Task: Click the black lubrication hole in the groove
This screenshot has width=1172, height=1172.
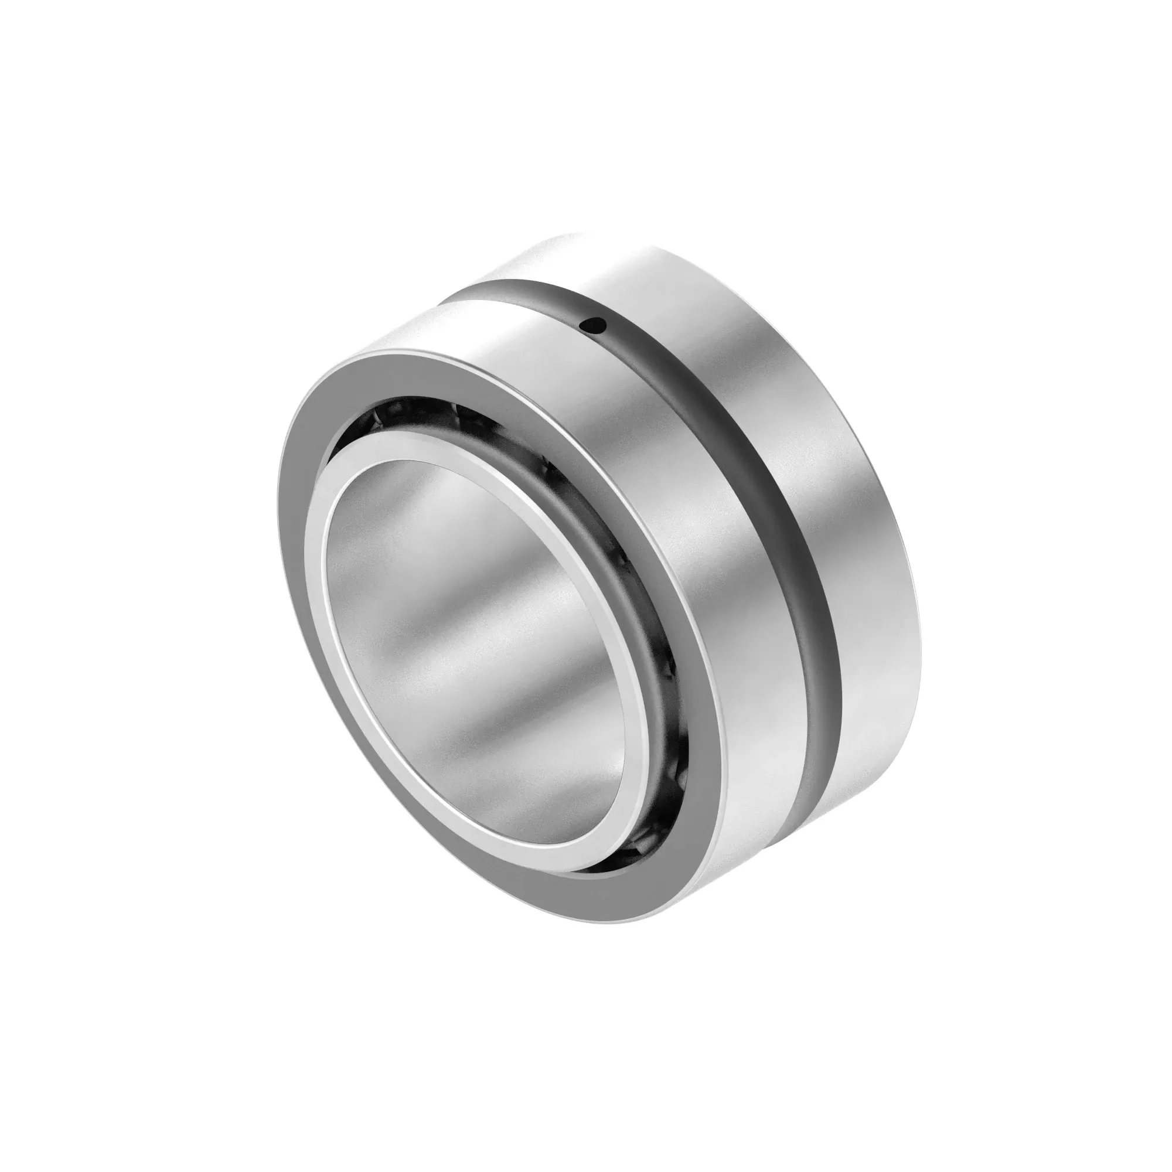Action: pos(592,326)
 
